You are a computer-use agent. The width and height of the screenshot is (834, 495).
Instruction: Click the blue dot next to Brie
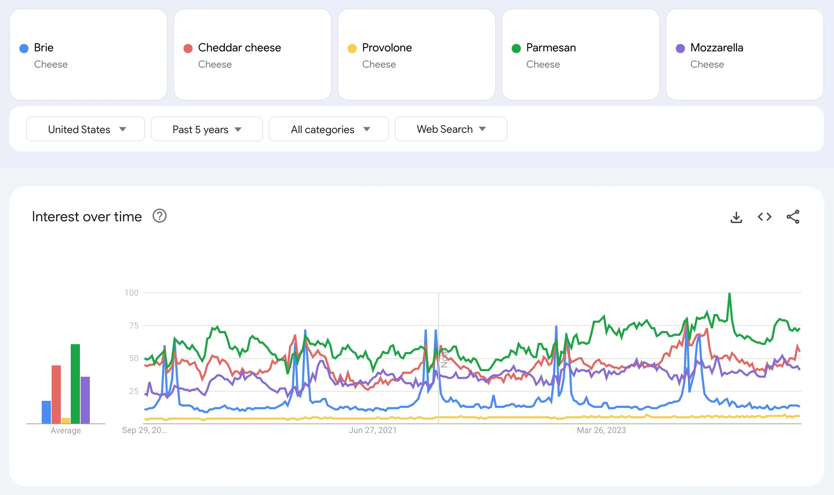click(24, 49)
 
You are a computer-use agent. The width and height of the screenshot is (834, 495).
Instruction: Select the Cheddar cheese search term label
click(239, 48)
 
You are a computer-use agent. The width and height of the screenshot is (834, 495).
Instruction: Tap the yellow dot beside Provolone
click(352, 49)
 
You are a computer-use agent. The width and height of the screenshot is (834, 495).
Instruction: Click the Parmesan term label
click(551, 48)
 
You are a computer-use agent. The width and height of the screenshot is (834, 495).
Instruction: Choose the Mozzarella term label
click(717, 48)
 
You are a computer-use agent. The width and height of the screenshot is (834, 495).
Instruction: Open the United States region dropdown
click(86, 129)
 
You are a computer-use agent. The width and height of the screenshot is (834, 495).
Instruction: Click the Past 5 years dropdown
click(207, 129)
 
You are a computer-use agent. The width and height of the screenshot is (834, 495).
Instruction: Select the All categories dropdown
click(329, 129)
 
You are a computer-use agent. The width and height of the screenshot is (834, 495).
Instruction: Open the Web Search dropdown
click(451, 129)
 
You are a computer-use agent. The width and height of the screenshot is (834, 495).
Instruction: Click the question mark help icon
click(160, 216)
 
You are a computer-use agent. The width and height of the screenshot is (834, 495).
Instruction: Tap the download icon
click(736, 217)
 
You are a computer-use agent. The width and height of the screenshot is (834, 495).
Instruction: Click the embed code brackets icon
click(764, 217)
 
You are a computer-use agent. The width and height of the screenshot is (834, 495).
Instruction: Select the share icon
click(793, 217)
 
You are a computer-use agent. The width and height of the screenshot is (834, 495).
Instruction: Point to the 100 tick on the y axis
click(131, 293)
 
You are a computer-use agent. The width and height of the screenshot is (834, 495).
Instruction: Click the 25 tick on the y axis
click(134, 391)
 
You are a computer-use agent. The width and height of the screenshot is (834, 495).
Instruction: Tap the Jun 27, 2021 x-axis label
click(372, 430)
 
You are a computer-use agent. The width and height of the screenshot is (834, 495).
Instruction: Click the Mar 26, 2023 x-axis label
click(601, 430)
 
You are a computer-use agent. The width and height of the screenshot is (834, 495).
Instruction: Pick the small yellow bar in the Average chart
click(66, 421)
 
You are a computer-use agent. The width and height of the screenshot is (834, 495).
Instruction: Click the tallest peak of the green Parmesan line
click(729, 294)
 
